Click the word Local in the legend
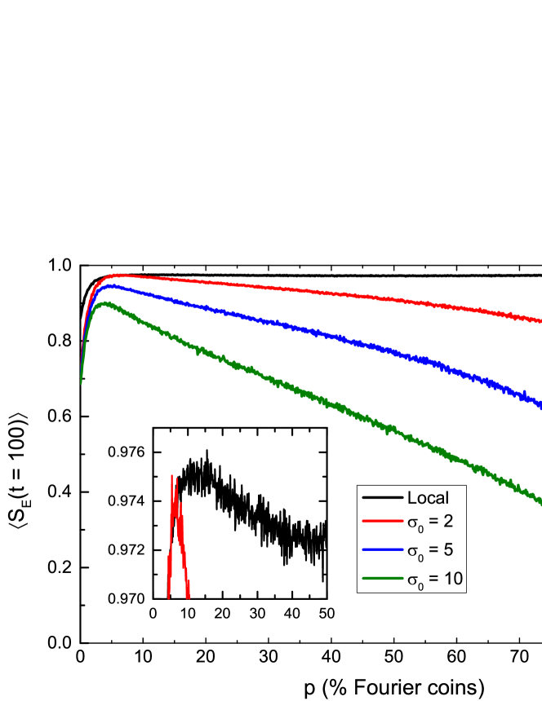point(428,497)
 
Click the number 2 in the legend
point(448,524)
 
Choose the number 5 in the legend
point(448,552)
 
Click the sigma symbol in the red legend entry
point(413,526)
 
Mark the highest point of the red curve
point(117,275)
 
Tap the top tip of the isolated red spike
point(172,475)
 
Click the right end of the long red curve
point(540,320)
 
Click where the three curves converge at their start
point(81,381)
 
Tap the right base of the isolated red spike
point(189,598)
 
